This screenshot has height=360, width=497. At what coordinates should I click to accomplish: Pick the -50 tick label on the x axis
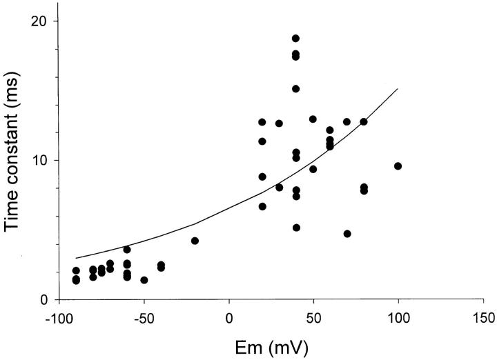[x=144, y=318]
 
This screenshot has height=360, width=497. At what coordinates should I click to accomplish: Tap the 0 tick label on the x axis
[x=229, y=318]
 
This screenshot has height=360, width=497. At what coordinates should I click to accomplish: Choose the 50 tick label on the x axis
[x=313, y=318]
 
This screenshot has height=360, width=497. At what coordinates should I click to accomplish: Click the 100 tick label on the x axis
[x=398, y=318]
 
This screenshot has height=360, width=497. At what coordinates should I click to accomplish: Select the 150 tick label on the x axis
[x=483, y=318]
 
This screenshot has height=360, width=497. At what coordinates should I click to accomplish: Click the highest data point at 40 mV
[x=296, y=39]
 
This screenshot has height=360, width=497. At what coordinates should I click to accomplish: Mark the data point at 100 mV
[x=398, y=166]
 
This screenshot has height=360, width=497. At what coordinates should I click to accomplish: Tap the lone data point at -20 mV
[x=195, y=241]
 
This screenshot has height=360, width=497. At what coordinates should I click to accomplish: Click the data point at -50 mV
[x=144, y=280]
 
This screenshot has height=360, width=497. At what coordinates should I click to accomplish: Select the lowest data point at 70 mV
[x=347, y=234]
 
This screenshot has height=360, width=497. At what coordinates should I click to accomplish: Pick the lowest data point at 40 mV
[x=296, y=228]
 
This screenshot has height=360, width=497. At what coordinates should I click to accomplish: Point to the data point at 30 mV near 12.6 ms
[x=279, y=123]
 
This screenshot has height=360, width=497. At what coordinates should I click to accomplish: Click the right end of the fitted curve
[x=398, y=88]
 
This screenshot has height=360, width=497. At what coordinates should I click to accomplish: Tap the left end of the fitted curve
[x=76, y=258]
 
